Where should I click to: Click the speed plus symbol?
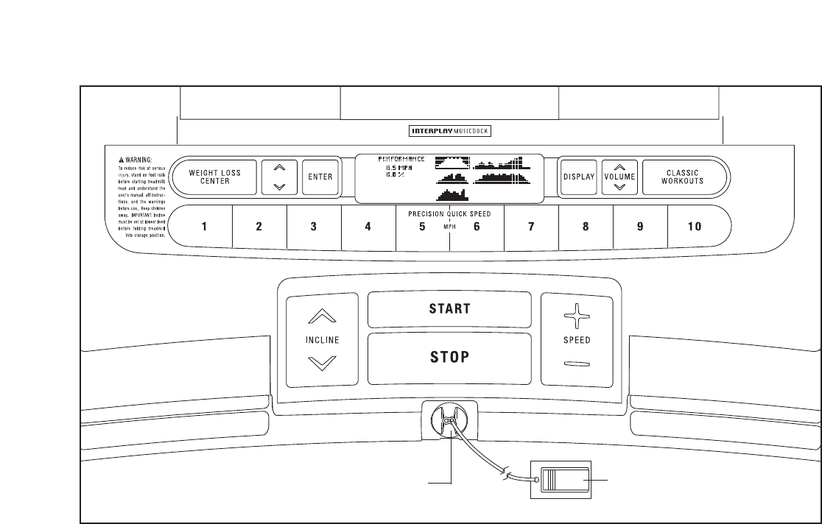tap(577, 319)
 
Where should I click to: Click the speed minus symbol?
tap(577, 364)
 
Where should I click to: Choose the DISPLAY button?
tap(578, 177)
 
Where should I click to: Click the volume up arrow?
tap(619, 168)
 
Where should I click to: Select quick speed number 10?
tap(695, 227)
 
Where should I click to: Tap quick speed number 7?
tap(531, 227)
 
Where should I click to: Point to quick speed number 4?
tap(368, 227)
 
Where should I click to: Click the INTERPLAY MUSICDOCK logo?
tap(449, 132)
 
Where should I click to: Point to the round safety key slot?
tap(448, 420)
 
